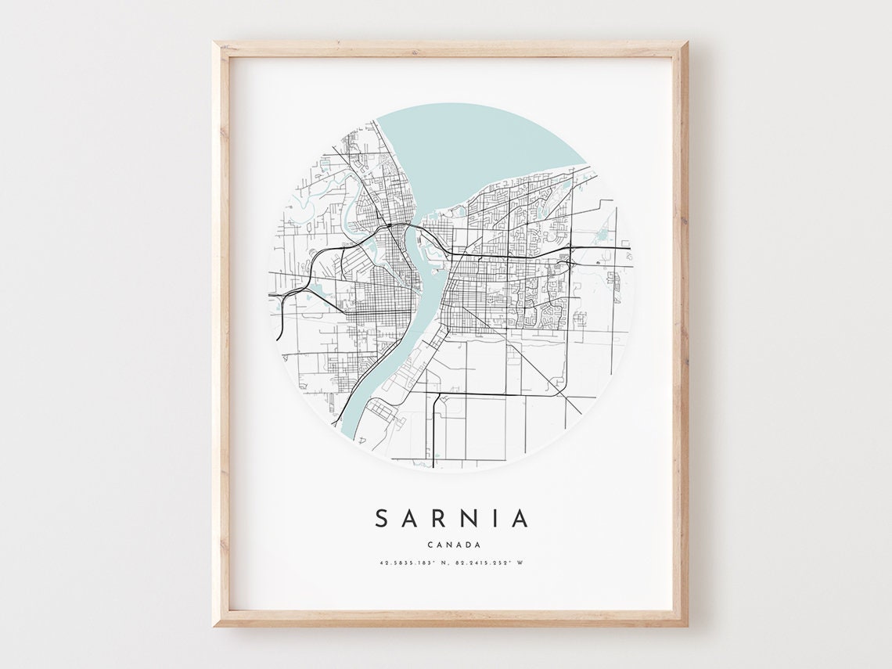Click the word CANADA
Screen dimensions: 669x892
(454, 545)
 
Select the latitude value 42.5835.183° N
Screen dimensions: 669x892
(413, 563)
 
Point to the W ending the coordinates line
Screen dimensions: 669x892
(519, 563)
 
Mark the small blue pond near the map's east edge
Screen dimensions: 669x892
(602, 232)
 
